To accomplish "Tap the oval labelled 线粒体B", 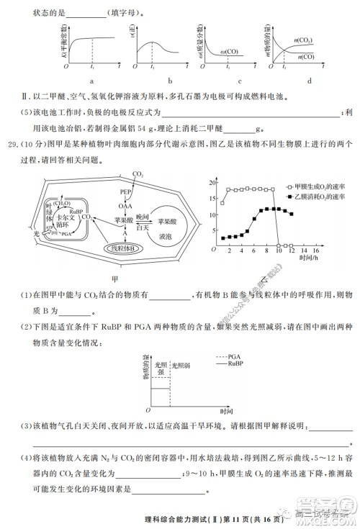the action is coord(125,248).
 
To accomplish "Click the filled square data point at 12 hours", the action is coord(291,214).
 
